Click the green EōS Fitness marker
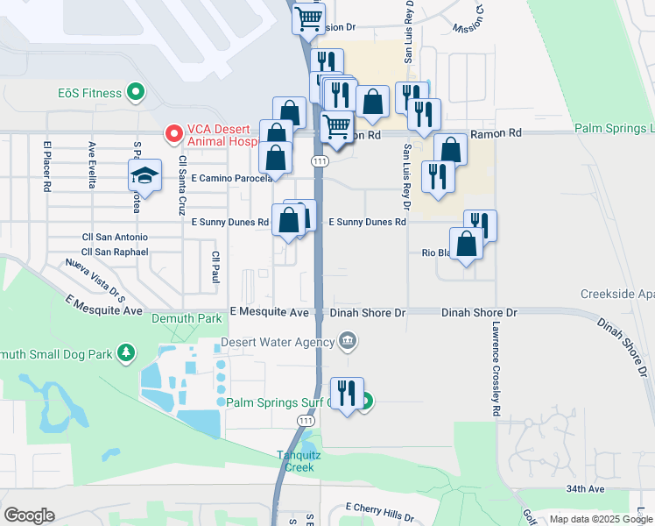tap(135, 90)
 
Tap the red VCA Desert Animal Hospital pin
tap(173, 134)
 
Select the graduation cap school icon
tap(145, 174)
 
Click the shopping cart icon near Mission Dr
tap(308, 18)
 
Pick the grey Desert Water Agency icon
tap(348, 340)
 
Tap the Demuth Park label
tap(186, 319)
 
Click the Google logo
tap(29, 515)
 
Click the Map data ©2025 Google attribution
tap(601, 519)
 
